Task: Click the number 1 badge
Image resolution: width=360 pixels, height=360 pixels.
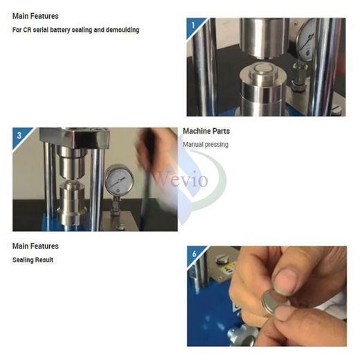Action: (193, 25)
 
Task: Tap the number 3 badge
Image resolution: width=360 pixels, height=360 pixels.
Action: (19, 135)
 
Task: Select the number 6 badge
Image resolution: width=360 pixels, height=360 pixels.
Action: (195, 253)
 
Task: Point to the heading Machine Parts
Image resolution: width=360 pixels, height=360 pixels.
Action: (206, 131)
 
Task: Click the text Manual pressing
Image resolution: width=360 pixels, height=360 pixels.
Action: (206, 145)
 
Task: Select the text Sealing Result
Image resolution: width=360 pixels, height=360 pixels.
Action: (33, 260)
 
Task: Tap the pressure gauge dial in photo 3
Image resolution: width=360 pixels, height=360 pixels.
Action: (119, 180)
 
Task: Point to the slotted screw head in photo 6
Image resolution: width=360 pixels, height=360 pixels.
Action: (222, 259)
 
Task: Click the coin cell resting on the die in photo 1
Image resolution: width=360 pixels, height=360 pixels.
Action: (262, 69)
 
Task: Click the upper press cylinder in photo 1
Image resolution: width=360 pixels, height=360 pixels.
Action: (262, 37)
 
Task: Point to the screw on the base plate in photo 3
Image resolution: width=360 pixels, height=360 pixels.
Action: (120, 227)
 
